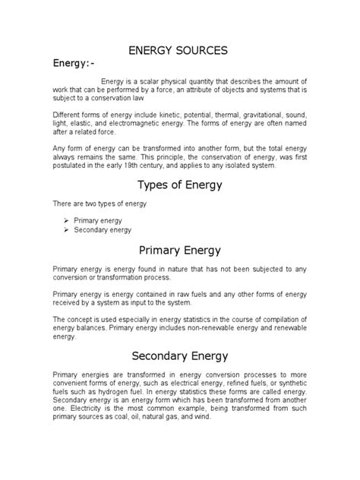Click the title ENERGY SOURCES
(180, 51)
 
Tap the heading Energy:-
(77, 65)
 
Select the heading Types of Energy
(180, 186)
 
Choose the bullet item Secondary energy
(102, 229)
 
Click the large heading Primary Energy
(180, 251)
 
